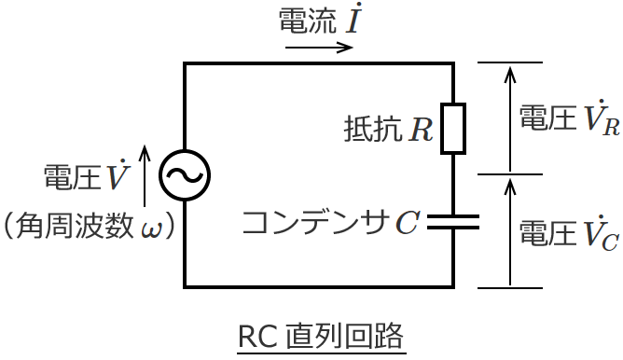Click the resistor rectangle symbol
453,128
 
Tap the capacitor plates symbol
453,221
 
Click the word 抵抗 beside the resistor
371,129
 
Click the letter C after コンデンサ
408,222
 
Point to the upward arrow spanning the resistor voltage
509,117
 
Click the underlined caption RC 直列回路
322,336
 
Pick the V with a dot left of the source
117,175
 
